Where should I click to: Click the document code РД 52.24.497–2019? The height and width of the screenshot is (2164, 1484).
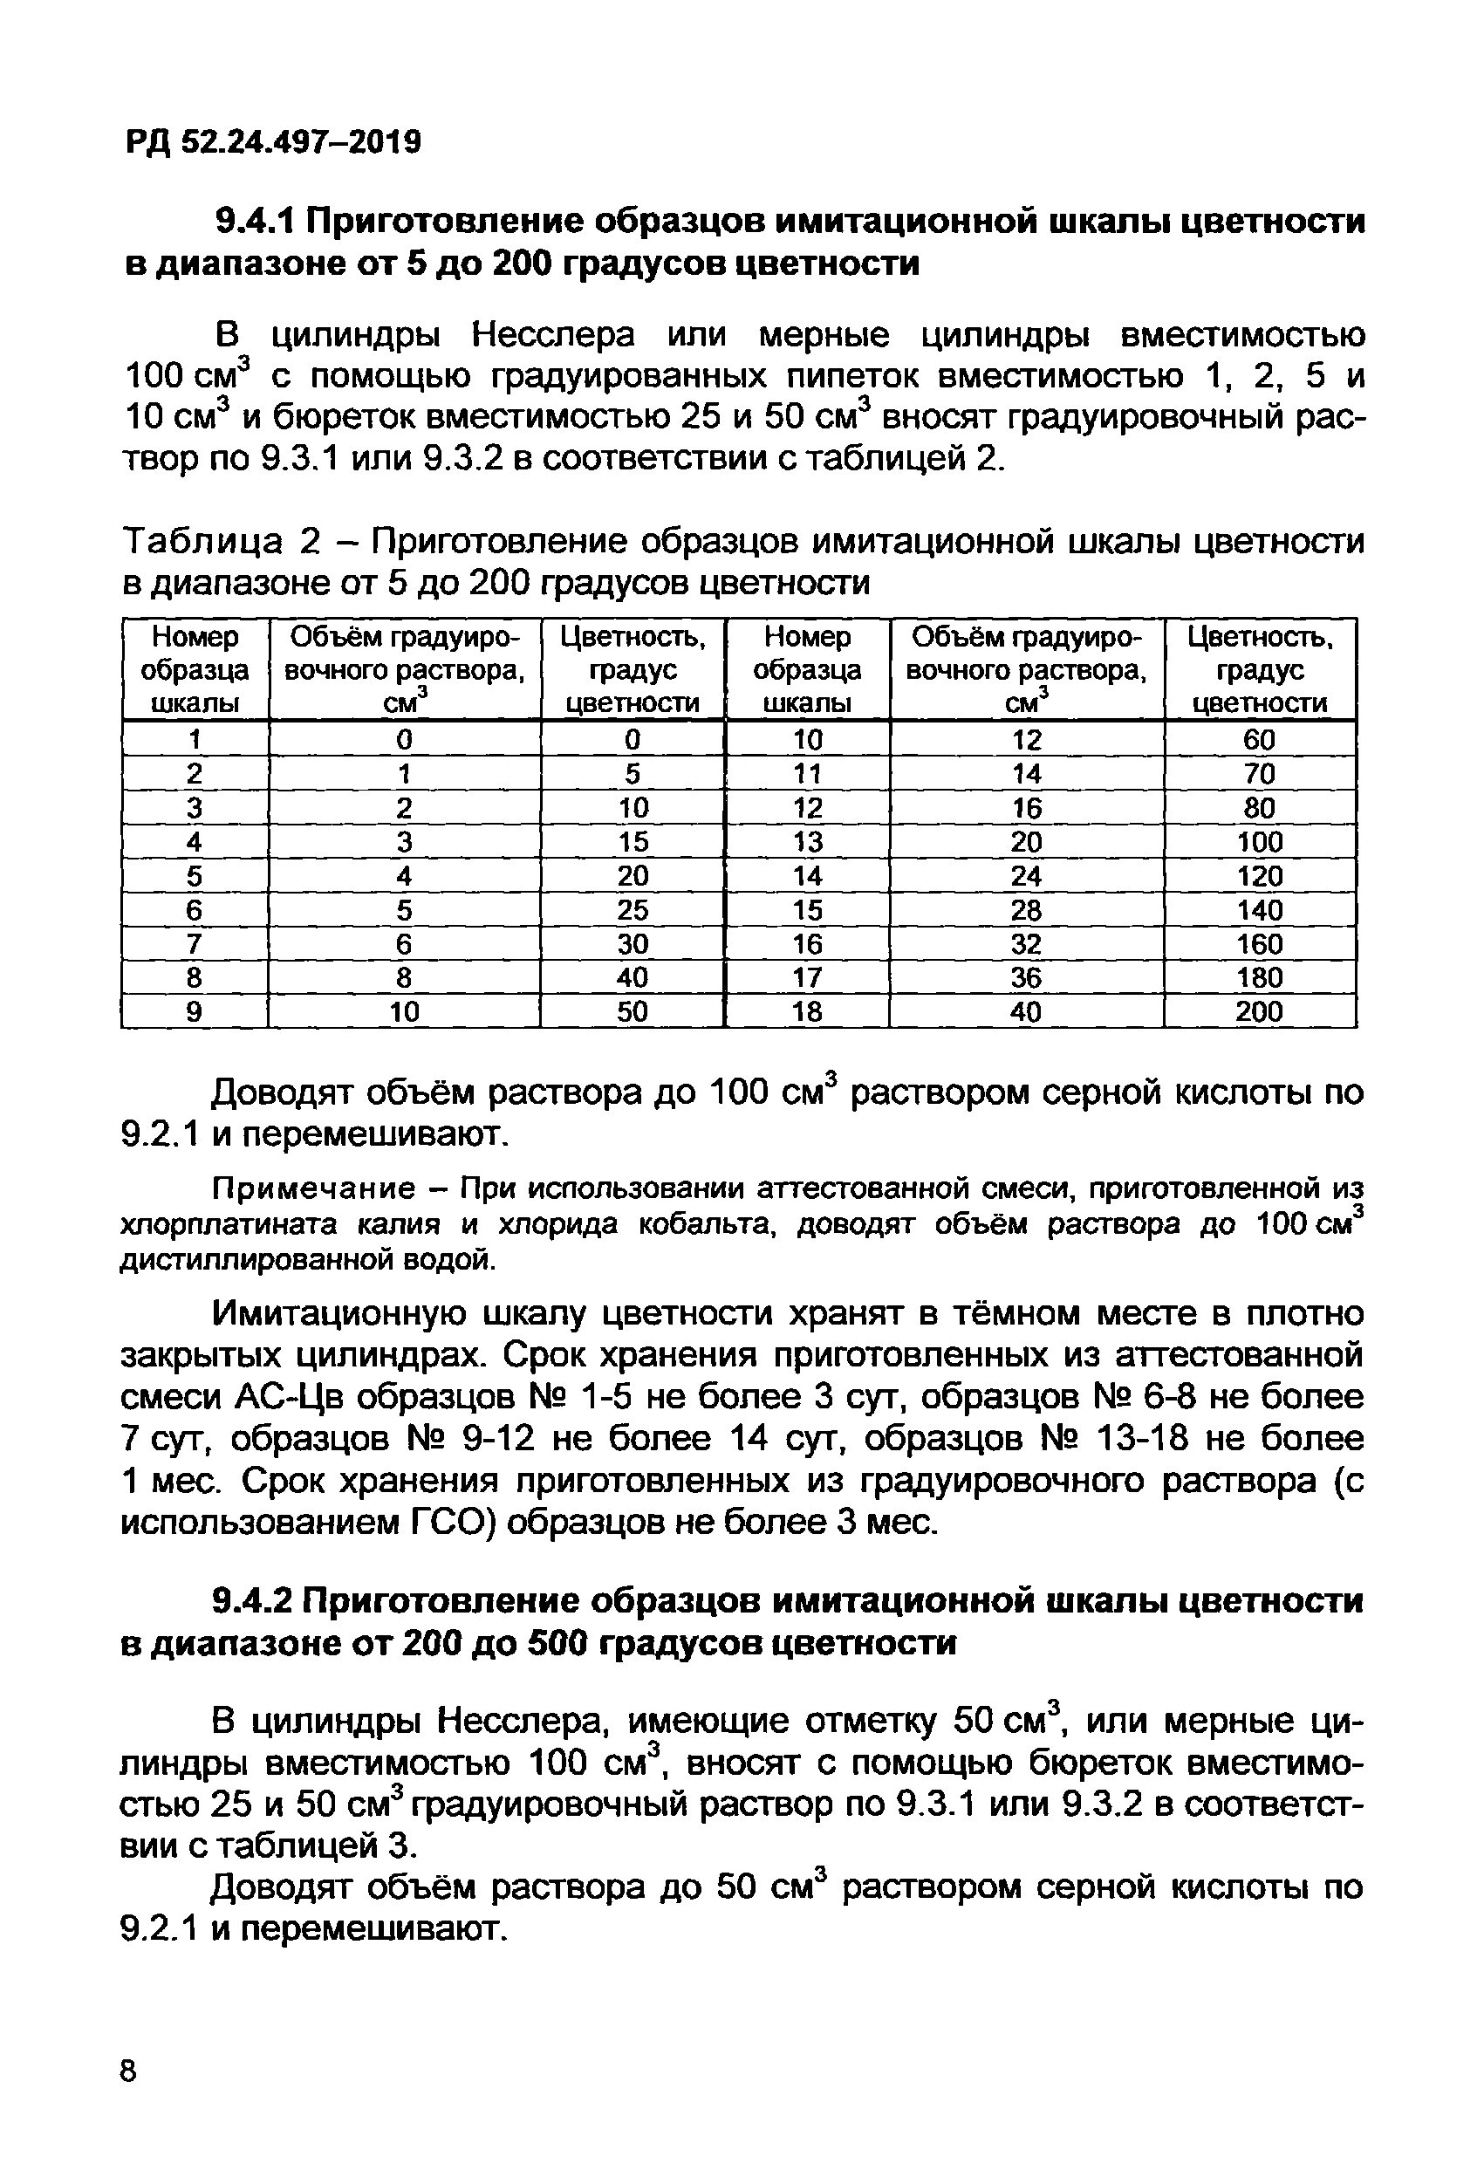tap(273, 142)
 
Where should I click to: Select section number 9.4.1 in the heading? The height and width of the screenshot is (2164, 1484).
tap(254, 222)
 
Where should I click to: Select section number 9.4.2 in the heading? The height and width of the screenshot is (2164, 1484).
tap(252, 1600)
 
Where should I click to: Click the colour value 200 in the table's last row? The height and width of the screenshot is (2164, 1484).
tap(1259, 1011)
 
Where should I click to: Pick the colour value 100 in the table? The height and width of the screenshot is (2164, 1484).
tap(1259, 842)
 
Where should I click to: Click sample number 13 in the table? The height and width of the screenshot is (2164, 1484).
tap(807, 842)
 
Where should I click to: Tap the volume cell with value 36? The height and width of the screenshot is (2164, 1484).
tap(1026, 977)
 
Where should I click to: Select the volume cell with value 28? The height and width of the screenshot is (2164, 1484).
tap(1026, 910)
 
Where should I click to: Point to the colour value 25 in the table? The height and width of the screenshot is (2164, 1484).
tap(633, 910)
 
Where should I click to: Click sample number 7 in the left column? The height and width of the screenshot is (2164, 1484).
tap(194, 944)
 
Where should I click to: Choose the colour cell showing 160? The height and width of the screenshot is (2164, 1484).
tap(1259, 944)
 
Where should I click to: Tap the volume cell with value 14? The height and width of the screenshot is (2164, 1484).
tap(1026, 774)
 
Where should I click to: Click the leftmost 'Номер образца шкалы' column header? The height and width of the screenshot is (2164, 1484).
tap(195, 669)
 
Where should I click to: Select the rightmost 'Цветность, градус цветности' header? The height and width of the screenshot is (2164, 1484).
tap(1259, 669)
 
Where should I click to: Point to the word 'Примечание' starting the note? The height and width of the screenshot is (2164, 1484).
tap(314, 1189)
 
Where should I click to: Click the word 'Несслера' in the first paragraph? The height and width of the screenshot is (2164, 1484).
tap(553, 334)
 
